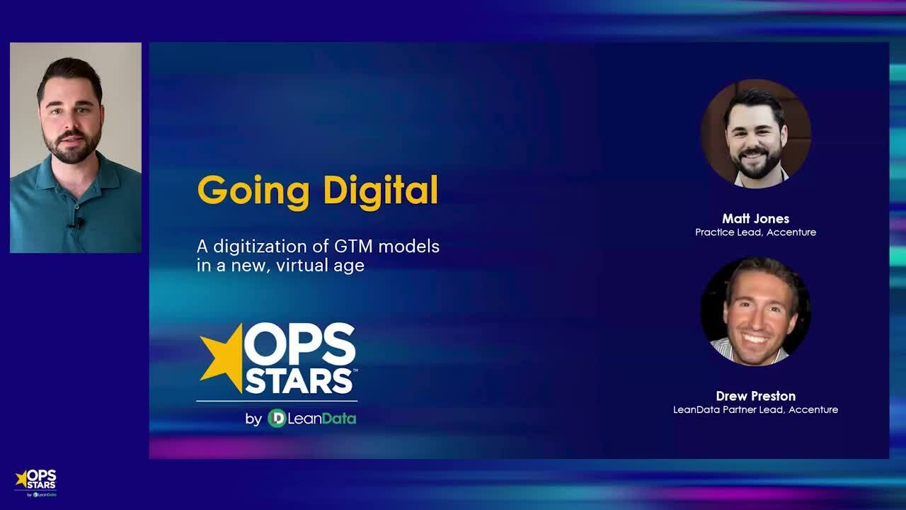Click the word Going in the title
coord(253,191)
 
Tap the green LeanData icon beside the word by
coord(277,419)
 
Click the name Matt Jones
coord(755,218)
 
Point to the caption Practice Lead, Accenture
coord(755,232)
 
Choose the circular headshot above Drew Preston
coord(755,311)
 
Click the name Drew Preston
coord(755,396)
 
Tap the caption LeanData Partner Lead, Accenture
coord(755,409)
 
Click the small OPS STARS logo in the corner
coord(35,482)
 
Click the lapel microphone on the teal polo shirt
coord(78,224)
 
